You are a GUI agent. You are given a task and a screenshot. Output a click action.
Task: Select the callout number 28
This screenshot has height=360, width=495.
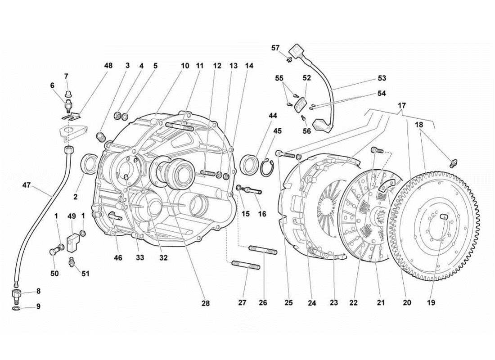pos(206,303)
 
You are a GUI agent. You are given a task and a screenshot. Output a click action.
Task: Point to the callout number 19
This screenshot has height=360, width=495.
pos(432,303)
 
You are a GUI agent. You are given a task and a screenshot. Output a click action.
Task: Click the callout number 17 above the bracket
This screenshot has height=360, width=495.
pos(402,106)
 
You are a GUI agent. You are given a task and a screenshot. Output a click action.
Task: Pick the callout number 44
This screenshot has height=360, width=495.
pos(272,116)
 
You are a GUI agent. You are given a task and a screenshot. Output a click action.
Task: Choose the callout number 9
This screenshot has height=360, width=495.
pos(38,306)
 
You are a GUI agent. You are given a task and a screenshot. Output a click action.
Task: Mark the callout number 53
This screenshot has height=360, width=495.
pos(382,78)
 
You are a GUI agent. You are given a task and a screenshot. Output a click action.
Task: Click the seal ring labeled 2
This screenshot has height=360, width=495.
pos(90,163)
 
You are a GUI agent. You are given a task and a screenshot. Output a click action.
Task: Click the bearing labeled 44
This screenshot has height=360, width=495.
pos(250,164)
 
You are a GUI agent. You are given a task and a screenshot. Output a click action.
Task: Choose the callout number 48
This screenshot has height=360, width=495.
pos(108,66)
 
